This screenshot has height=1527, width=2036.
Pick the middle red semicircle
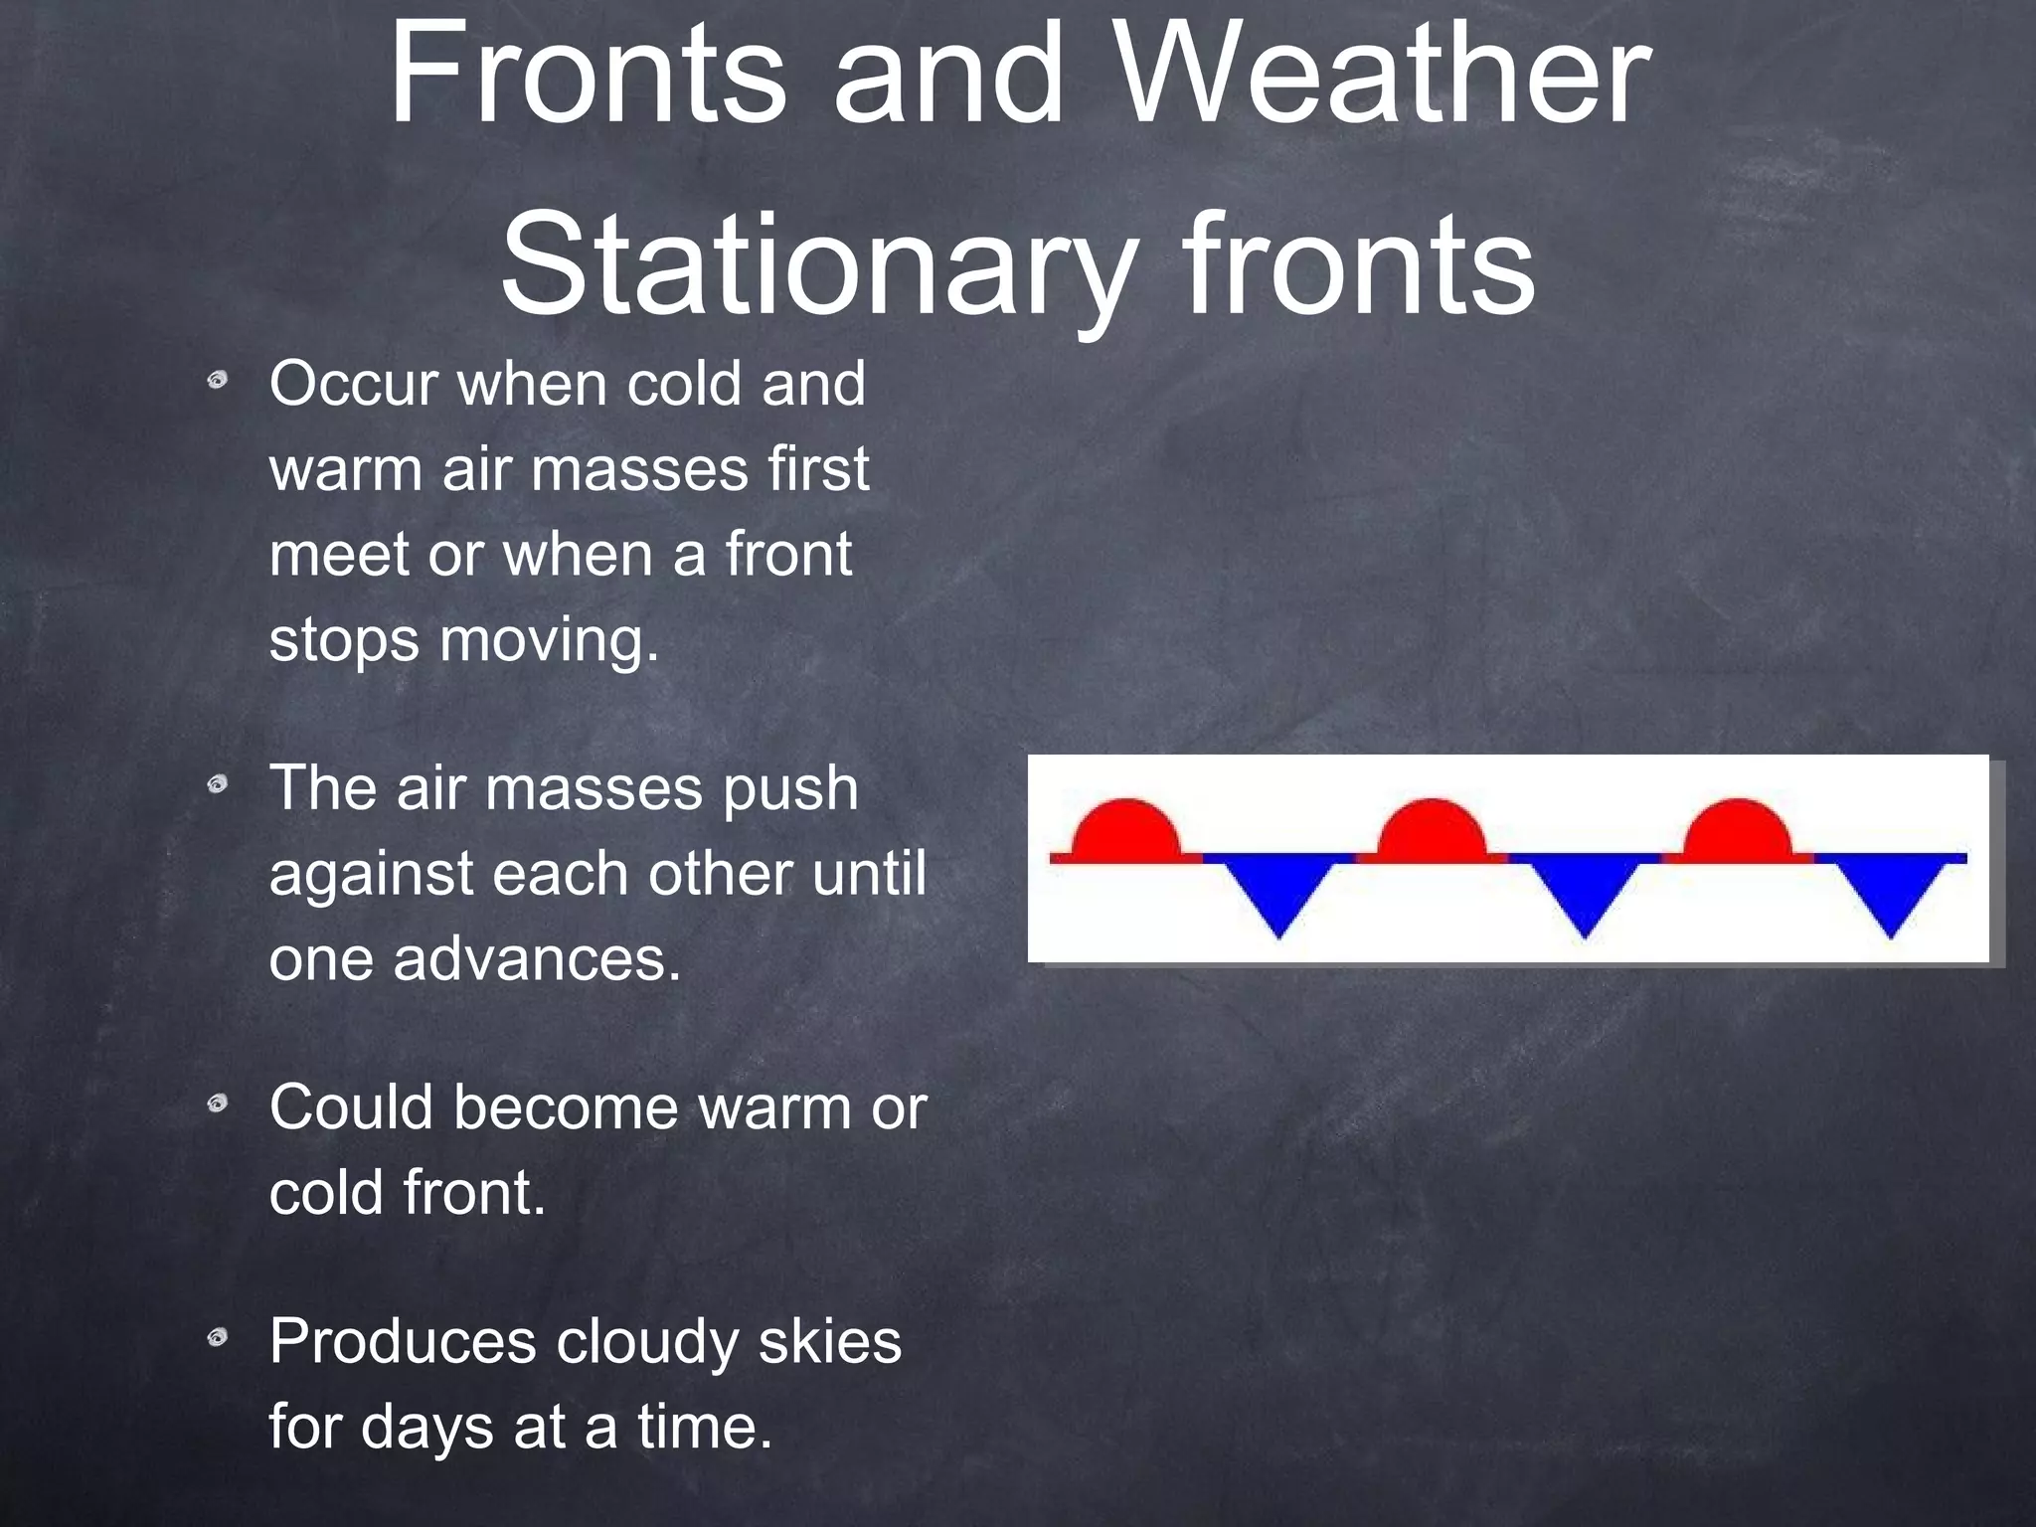(1431, 830)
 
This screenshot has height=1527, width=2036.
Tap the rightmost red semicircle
(1737, 830)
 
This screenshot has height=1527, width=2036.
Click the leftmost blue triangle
(1278, 891)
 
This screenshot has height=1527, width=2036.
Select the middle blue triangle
(1585, 891)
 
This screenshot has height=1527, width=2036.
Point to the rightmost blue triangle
(1890, 891)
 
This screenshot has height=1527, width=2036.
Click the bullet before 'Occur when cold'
(218, 382)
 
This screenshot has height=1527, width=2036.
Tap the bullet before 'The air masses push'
(218, 786)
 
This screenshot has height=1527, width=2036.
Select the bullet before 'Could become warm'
(218, 1104)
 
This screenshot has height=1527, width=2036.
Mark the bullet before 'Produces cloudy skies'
(218, 1339)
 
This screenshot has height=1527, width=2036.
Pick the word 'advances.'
(537, 960)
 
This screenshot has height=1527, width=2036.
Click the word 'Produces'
(402, 1342)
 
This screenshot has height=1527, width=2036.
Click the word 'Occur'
(353, 384)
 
